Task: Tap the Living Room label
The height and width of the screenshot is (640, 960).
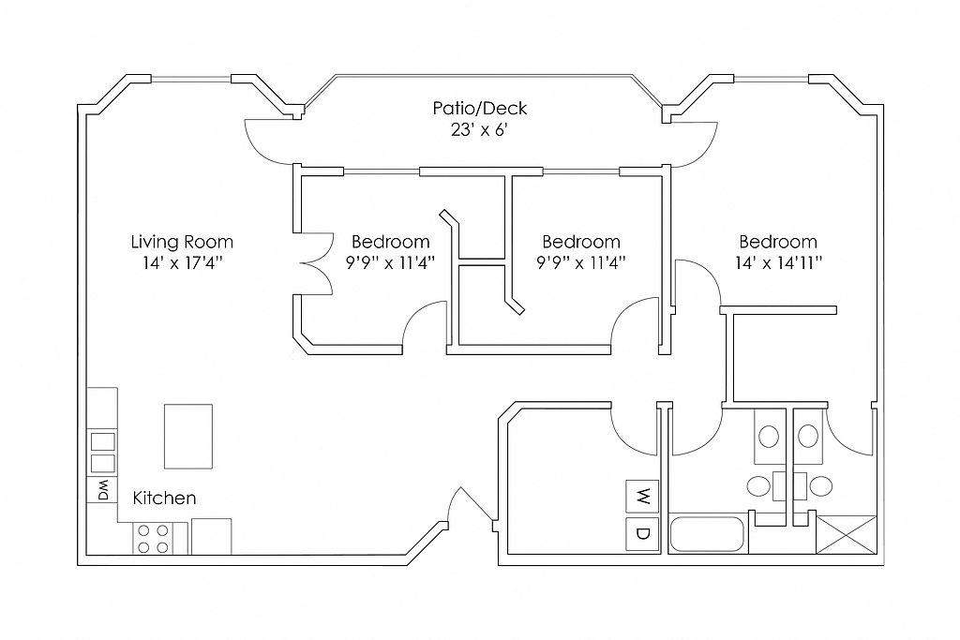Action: coord(182,242)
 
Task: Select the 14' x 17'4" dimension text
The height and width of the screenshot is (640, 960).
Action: coord(182,262)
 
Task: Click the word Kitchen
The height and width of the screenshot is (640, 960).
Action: coord(164,498)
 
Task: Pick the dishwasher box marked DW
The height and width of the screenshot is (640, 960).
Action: coord(102,490)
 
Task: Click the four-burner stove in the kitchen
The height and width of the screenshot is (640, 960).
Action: coord(154,538)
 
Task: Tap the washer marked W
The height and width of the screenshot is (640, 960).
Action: coord(643,496)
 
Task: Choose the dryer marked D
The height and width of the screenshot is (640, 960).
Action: coord(643,534)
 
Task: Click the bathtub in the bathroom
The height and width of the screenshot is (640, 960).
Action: coord(708,534)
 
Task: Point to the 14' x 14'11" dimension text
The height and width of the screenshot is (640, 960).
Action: coord(778,262)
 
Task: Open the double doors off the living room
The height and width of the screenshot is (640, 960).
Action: coord(313,264)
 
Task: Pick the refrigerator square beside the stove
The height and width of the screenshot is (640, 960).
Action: coord(211,536)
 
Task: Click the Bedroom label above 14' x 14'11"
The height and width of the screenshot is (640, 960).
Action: coord(778,242)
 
